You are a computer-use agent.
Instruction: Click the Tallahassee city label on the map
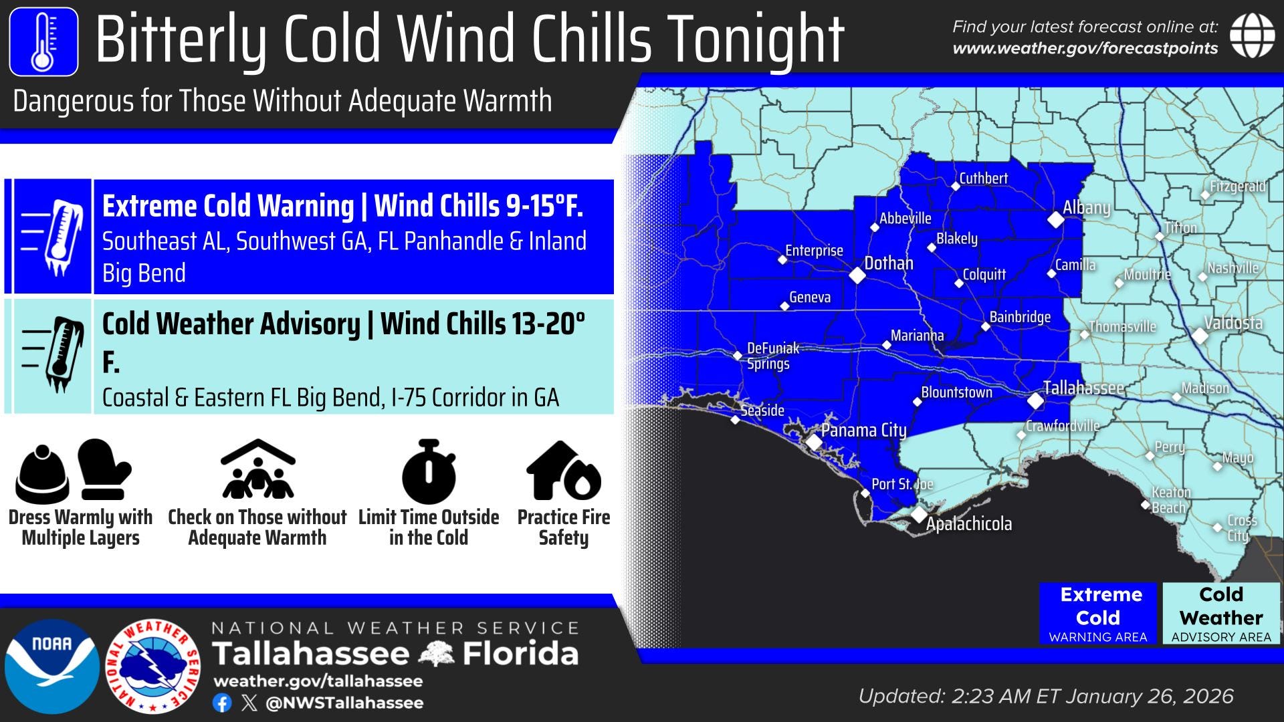tap(1083, 388)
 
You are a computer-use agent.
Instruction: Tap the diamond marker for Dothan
tap(857, 275)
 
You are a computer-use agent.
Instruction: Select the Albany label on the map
tap(1086, 208)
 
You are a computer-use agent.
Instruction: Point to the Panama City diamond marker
tap(814, 442)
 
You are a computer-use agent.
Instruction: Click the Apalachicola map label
tap(968, 524)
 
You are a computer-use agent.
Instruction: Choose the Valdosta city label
tap(1233, 324)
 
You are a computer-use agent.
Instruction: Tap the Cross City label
tap(1242, 527)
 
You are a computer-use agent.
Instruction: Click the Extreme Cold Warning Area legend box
tap(1097, 614)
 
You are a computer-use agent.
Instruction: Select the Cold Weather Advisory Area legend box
tap(1220, 614)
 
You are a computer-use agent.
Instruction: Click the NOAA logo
tap(51, 666)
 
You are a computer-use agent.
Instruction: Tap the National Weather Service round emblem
tap(154, 666)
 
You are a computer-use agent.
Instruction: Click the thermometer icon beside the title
tap(43, 41)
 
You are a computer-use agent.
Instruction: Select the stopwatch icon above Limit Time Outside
tap(429, 472)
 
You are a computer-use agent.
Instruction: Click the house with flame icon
tap(563, 471)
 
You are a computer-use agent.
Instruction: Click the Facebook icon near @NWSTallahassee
tap(222, 703)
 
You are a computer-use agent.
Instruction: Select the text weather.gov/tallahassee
tap(318, 681)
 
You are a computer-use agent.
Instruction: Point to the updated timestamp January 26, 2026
tap(1150, 697)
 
